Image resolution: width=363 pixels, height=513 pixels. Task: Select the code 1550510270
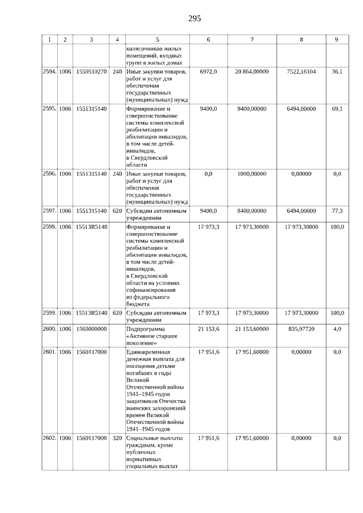tap(91, 72)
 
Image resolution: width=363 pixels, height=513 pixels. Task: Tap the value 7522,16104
tap(300, 72)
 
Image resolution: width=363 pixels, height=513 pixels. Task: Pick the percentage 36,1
tap(337, 72)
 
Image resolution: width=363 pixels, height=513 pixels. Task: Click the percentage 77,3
tap(337, 211)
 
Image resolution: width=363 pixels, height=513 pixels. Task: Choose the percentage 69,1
tap(337, 108)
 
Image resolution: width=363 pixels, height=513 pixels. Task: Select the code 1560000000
tap(91, 329)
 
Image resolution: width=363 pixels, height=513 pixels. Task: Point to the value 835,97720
tap(300, 329)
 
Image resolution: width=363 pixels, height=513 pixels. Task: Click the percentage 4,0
tap(337, 329)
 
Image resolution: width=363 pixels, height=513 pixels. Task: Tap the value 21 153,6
tap(209, 329)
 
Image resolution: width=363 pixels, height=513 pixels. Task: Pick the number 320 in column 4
tap(117, 438)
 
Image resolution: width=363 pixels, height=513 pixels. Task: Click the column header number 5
tap(157, 40)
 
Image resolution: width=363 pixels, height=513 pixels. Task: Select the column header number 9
tap(337, 40)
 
